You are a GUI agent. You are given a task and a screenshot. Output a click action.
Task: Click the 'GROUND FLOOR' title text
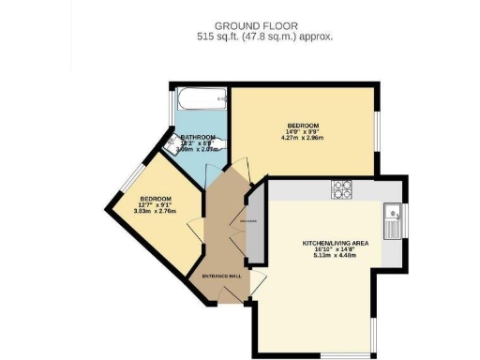pos(265,24)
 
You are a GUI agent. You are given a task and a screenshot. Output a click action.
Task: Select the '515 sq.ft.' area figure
pos(218,37)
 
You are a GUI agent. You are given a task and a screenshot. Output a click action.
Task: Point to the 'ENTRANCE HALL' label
pos(222,277)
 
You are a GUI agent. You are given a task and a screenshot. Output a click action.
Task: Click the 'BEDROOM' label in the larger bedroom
pos(304,127)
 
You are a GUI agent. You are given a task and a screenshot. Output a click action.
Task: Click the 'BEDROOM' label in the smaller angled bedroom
pos(156,199)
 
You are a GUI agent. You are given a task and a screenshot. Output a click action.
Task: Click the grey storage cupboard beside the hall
pos(253,223)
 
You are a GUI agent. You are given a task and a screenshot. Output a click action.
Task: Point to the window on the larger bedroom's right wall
pos(378,131)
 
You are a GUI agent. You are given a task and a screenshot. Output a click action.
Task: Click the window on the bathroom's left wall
pos(172,110)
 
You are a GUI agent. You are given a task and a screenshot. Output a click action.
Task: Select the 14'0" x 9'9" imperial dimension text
pos(304,133)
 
